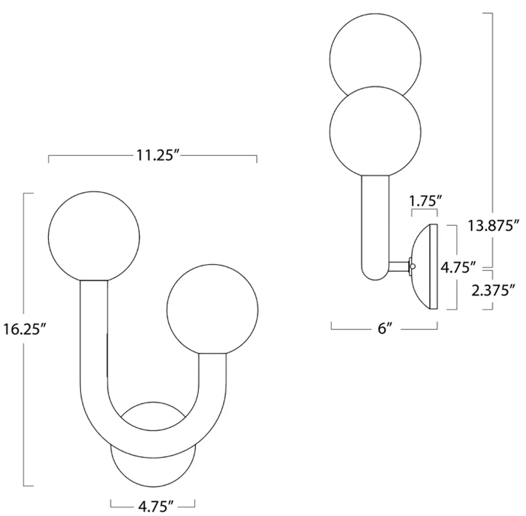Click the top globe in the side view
pyautogui.click(x=375, y=49)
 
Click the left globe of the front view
pyautogui.click(x=94, y=237)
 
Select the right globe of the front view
pyautogui.click(x=212, y=310)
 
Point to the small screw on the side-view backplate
pyautogui.click(x=413, y=267)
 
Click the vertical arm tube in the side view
pyautogui.click(x=375, y=225)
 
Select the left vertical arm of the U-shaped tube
pyautogui.click(x=94, y=339)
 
